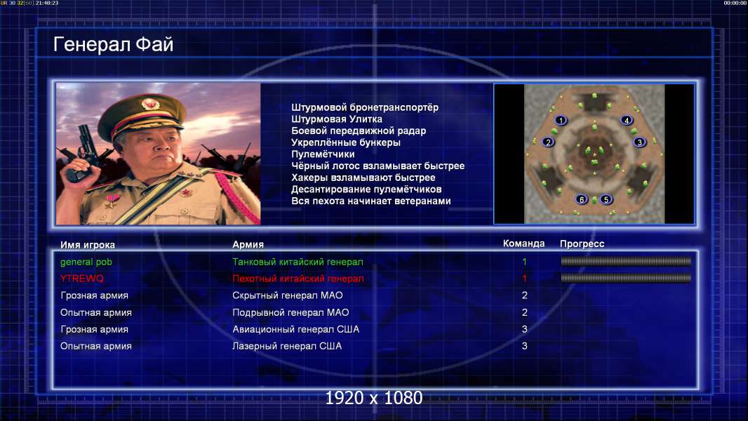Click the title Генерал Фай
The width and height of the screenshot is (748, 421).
pos(113,44)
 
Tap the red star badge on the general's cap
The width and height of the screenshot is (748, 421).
pos(150,103)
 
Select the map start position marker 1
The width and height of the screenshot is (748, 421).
pos(561,120)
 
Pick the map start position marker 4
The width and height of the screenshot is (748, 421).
pos(627,121)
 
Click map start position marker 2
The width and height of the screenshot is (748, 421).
pos(548,142)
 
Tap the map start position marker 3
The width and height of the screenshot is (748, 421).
pos(640,142)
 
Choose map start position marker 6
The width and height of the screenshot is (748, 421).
pos(581,199)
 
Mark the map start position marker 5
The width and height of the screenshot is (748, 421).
pos(606,199)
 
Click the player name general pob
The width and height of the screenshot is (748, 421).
pos(86,262)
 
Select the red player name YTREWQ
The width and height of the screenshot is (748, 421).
pos(81,279)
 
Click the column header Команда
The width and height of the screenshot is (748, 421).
pos(523,243)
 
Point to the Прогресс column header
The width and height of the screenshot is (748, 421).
pos(582,244)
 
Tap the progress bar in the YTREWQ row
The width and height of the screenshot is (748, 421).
pos(626,278)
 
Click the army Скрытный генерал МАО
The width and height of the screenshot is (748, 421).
pos(287,295)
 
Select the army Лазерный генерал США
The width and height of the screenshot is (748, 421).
pos(287,346)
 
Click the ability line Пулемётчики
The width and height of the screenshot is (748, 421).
pos(323,154)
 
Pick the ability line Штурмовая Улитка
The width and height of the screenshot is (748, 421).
pos(337,119)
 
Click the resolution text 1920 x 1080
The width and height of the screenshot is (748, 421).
pos(373,398)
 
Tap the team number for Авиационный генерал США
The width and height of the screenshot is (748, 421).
pos(524,329)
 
